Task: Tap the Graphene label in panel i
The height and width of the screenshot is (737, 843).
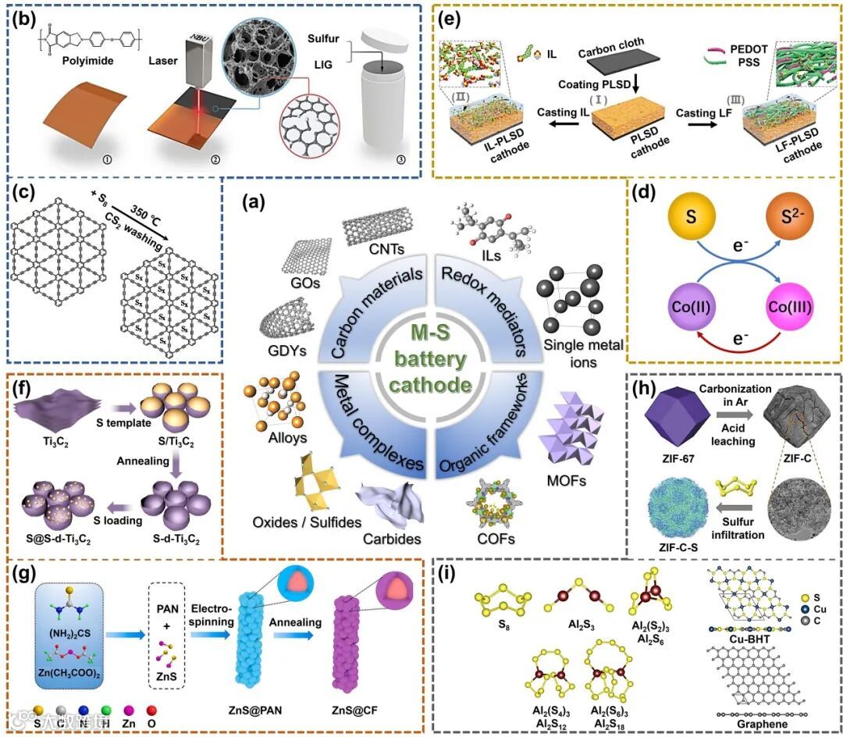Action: tap(762, 724)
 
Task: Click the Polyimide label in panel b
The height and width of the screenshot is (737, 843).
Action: tap(66, 68)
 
